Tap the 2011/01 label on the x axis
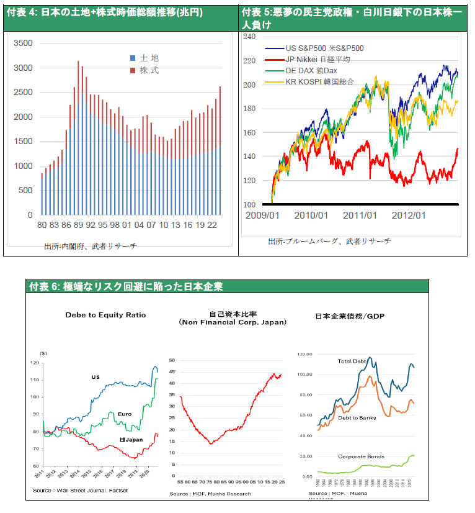(x=362, y=216)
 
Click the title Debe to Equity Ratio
(x=105, y=315)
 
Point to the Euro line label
(x=125, y=414)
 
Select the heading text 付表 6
(x=44, y=286)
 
